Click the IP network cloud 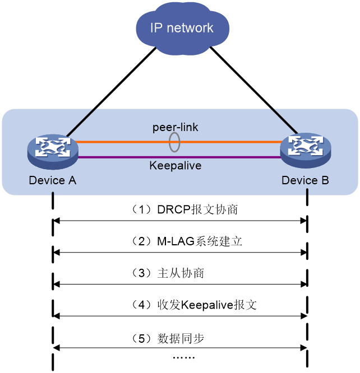[x=182, y=28]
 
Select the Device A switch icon [x=53, y=152]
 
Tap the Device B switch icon [x=306, y=150]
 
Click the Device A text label [x=52, y=180]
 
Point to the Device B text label [x=305, y=180]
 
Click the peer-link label [x=175, y=127]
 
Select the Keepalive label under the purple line [x=176, y=166]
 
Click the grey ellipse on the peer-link [x=169, y=142]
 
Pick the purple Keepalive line [x=179, y=157]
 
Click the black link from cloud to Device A [x=111, y=92]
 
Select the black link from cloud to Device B [x=254, y=90]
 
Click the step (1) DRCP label [x=184, y=209]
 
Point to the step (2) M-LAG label [x=187, y=241]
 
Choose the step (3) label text [x=168, y=273]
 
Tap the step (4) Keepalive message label [x=193, y=305]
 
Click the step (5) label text [x=168, y=338]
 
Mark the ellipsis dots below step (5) [x=184, y=357]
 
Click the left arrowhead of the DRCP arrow [x=56, y=221]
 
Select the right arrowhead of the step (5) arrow [x=304, y=348]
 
